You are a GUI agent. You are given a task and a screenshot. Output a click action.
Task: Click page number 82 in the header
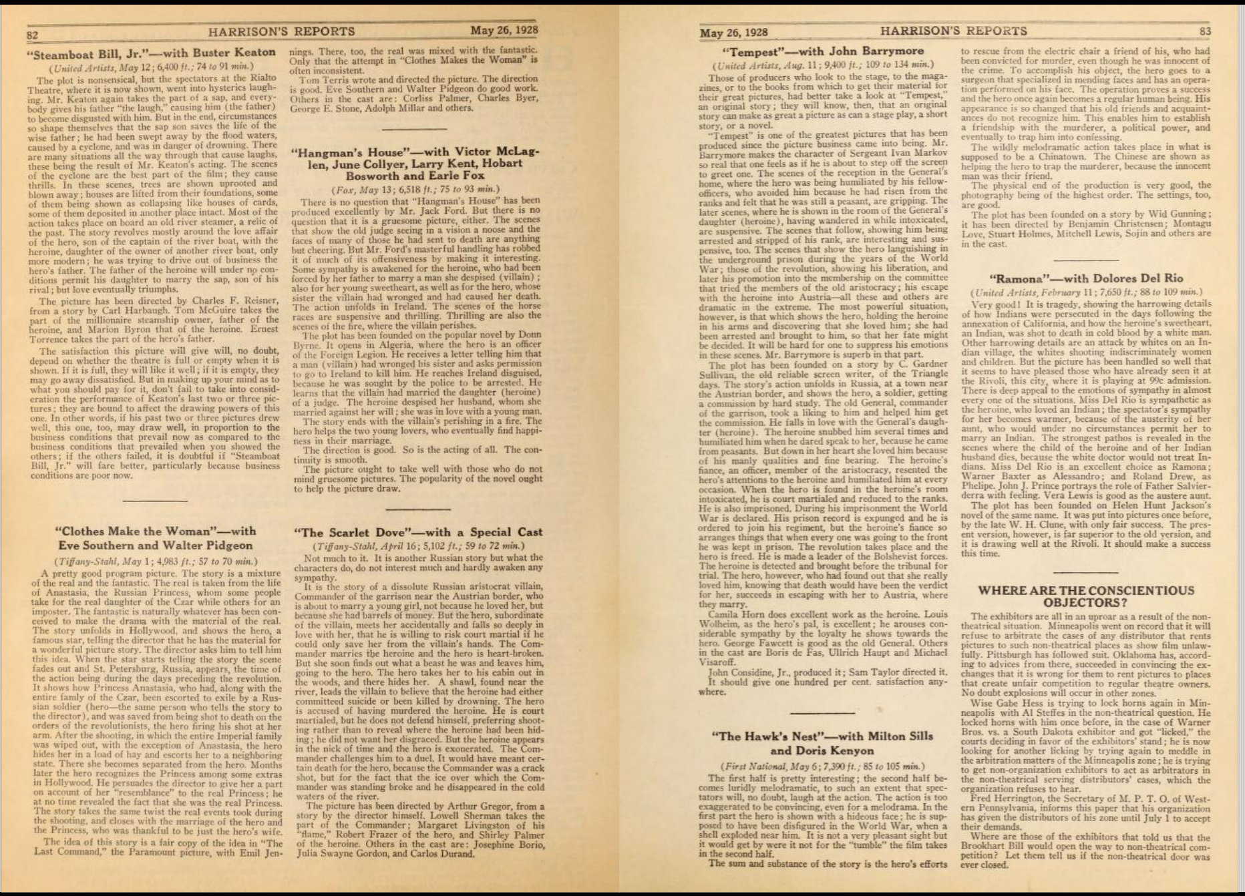click(33, 35)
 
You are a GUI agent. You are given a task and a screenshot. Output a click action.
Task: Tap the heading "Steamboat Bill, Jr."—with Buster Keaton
click(154, 53)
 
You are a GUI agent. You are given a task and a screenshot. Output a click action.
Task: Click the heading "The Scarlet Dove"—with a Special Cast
click(418, 532)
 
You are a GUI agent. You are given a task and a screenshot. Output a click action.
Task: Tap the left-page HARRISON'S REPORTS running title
click(281, 31)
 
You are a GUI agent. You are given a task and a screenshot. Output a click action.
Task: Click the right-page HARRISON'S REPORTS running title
click(953, 31)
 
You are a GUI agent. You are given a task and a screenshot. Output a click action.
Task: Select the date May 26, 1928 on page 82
click(504, 30)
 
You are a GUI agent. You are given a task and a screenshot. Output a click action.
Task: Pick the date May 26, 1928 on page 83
click(733, 32)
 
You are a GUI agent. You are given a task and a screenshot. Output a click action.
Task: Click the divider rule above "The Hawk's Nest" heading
click(822, 713)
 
